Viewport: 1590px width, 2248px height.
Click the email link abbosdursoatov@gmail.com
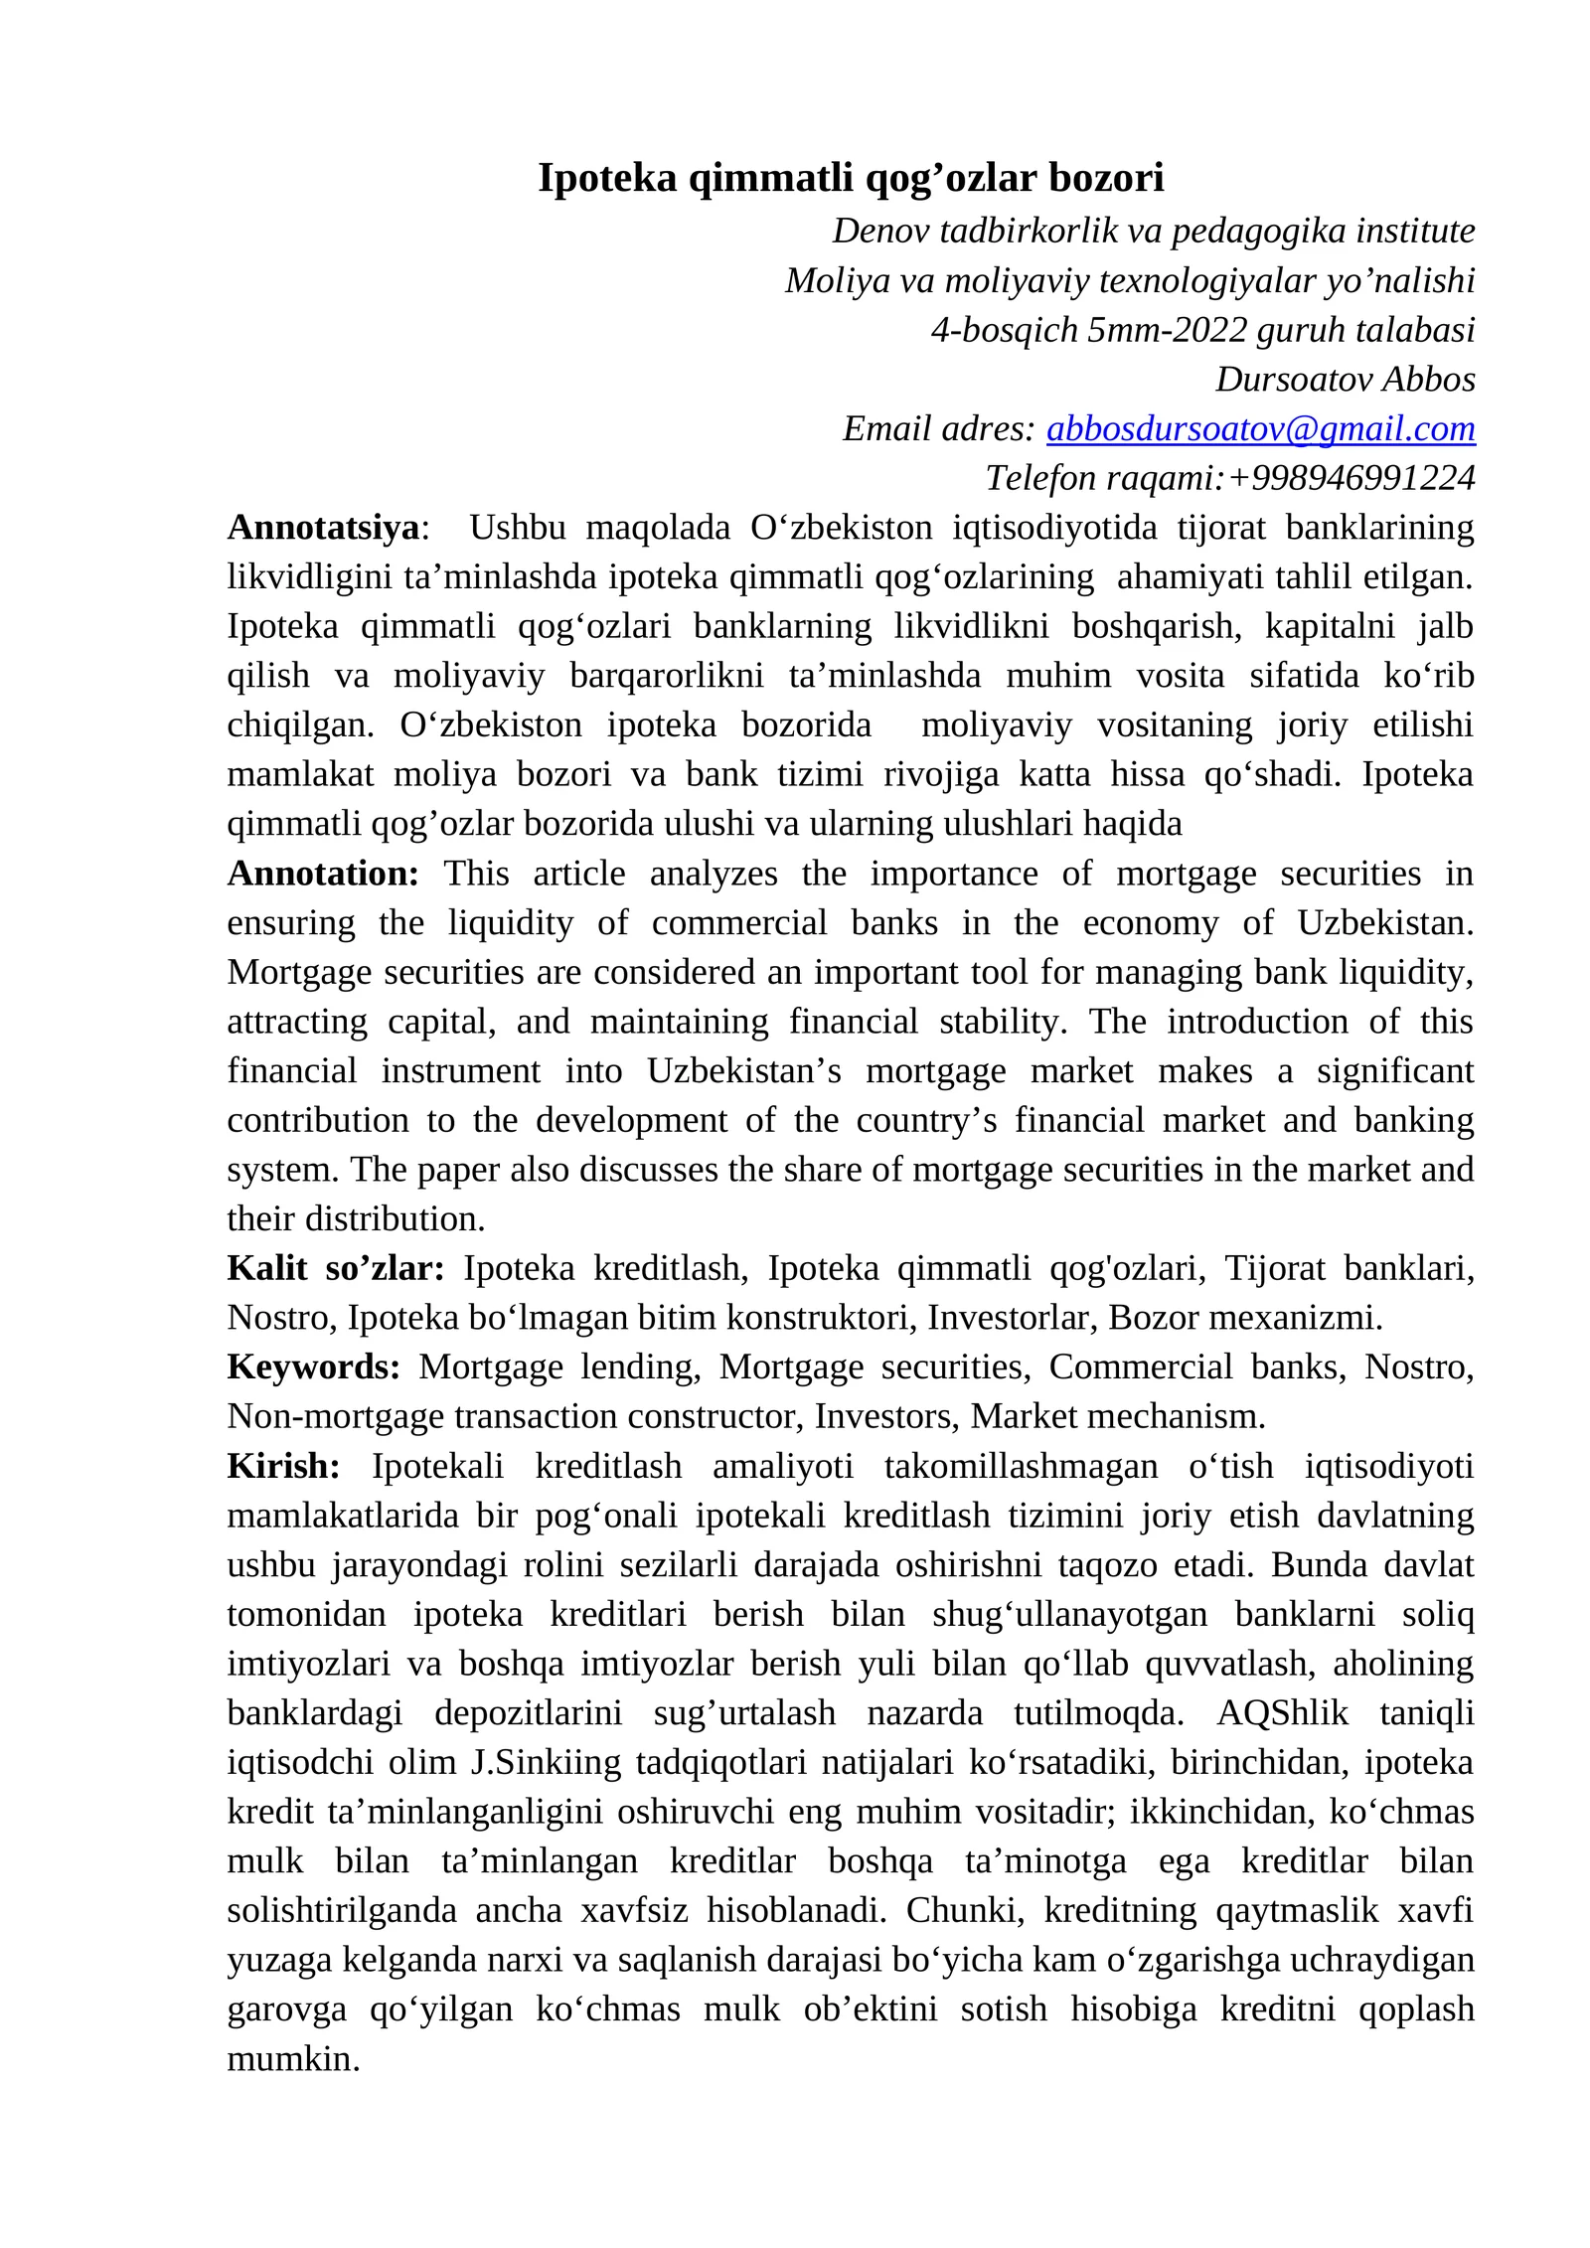point(1260,429)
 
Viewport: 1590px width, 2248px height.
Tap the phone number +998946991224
point(1351,479)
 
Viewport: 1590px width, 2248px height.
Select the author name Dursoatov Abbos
point(1345,380)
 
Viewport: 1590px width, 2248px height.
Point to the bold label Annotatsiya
point(323,528)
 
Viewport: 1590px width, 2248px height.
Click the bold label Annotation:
point(323,874)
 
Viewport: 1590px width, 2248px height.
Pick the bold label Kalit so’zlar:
point(335,1269)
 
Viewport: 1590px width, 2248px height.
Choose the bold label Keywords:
point(313,1367)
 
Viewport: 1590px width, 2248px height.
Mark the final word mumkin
point(292,2059)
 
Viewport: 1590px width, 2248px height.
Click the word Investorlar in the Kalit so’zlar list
point(1013,1318)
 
